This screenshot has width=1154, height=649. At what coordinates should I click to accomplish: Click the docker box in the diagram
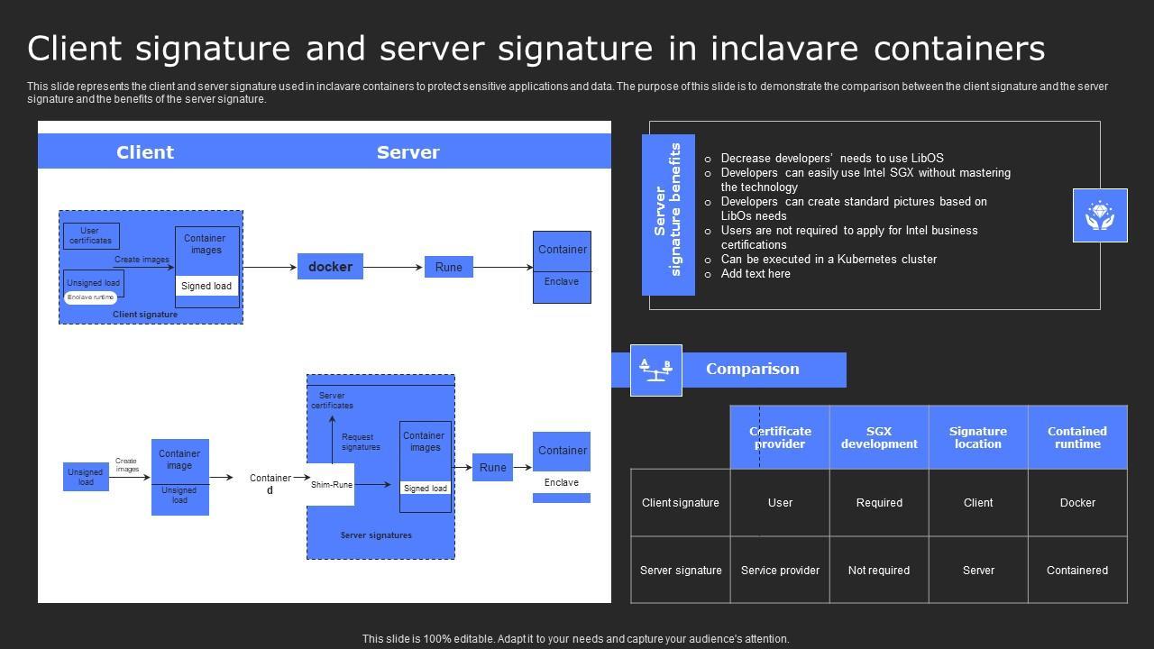[x=330, y=267]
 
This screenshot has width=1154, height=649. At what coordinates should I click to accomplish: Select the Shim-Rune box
[x=331, y=485]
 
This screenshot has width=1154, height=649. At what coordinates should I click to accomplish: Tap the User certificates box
[x=91, y=236]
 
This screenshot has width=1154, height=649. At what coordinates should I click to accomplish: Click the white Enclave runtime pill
[x=91, y=297]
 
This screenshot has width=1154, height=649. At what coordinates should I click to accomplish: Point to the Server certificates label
[x=332, y=400]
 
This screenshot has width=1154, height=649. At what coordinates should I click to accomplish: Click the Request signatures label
[x=361, y=442]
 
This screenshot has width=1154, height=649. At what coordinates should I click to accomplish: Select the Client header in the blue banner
[x=145, y=152]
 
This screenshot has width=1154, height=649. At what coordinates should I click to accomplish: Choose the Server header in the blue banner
[x=408, y=152]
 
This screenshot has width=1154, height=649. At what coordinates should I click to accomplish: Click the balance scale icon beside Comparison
[x=655, y=370]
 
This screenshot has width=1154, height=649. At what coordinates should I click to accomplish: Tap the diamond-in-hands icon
[x=1100, y=215]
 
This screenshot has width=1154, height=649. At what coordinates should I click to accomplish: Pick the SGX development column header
[x=879, y=437]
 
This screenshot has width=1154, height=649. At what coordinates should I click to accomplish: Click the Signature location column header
[x=978, y=437]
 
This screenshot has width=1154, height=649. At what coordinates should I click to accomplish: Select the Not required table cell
[x=879, y=570]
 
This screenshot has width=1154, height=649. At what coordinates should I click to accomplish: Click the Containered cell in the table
[x=1077, y=570]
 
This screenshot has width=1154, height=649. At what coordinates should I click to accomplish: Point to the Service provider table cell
[x=780, y=570]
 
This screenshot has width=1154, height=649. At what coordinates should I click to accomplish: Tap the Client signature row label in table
[x=681, y=503]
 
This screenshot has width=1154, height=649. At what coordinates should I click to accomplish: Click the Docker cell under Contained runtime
[x=1077, y=503]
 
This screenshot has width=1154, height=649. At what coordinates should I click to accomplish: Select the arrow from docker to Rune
[x=393, y=268]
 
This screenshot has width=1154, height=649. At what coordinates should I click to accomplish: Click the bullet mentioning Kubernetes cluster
[x=829, y=259]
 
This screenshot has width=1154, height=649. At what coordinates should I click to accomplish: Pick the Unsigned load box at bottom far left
[x=86, y=477]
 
